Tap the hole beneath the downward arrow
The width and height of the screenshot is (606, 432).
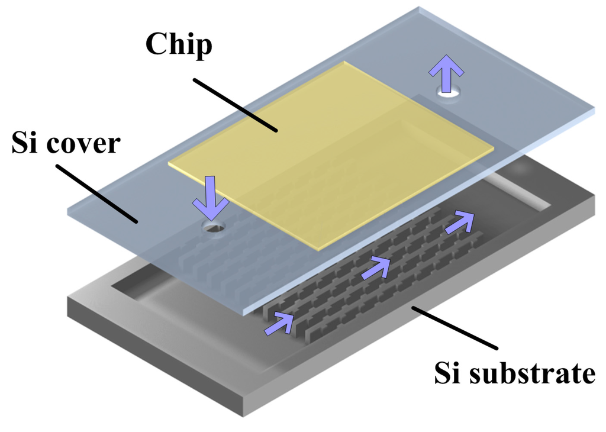pyautogui.click(x=212, y=226)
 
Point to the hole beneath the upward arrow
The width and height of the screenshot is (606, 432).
pyautogui.click(x=448, y=92)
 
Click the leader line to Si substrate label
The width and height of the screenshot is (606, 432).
pyautogui.click(x=456, y=328)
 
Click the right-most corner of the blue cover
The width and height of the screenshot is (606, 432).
pyautogui.click(x=594, y=110)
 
